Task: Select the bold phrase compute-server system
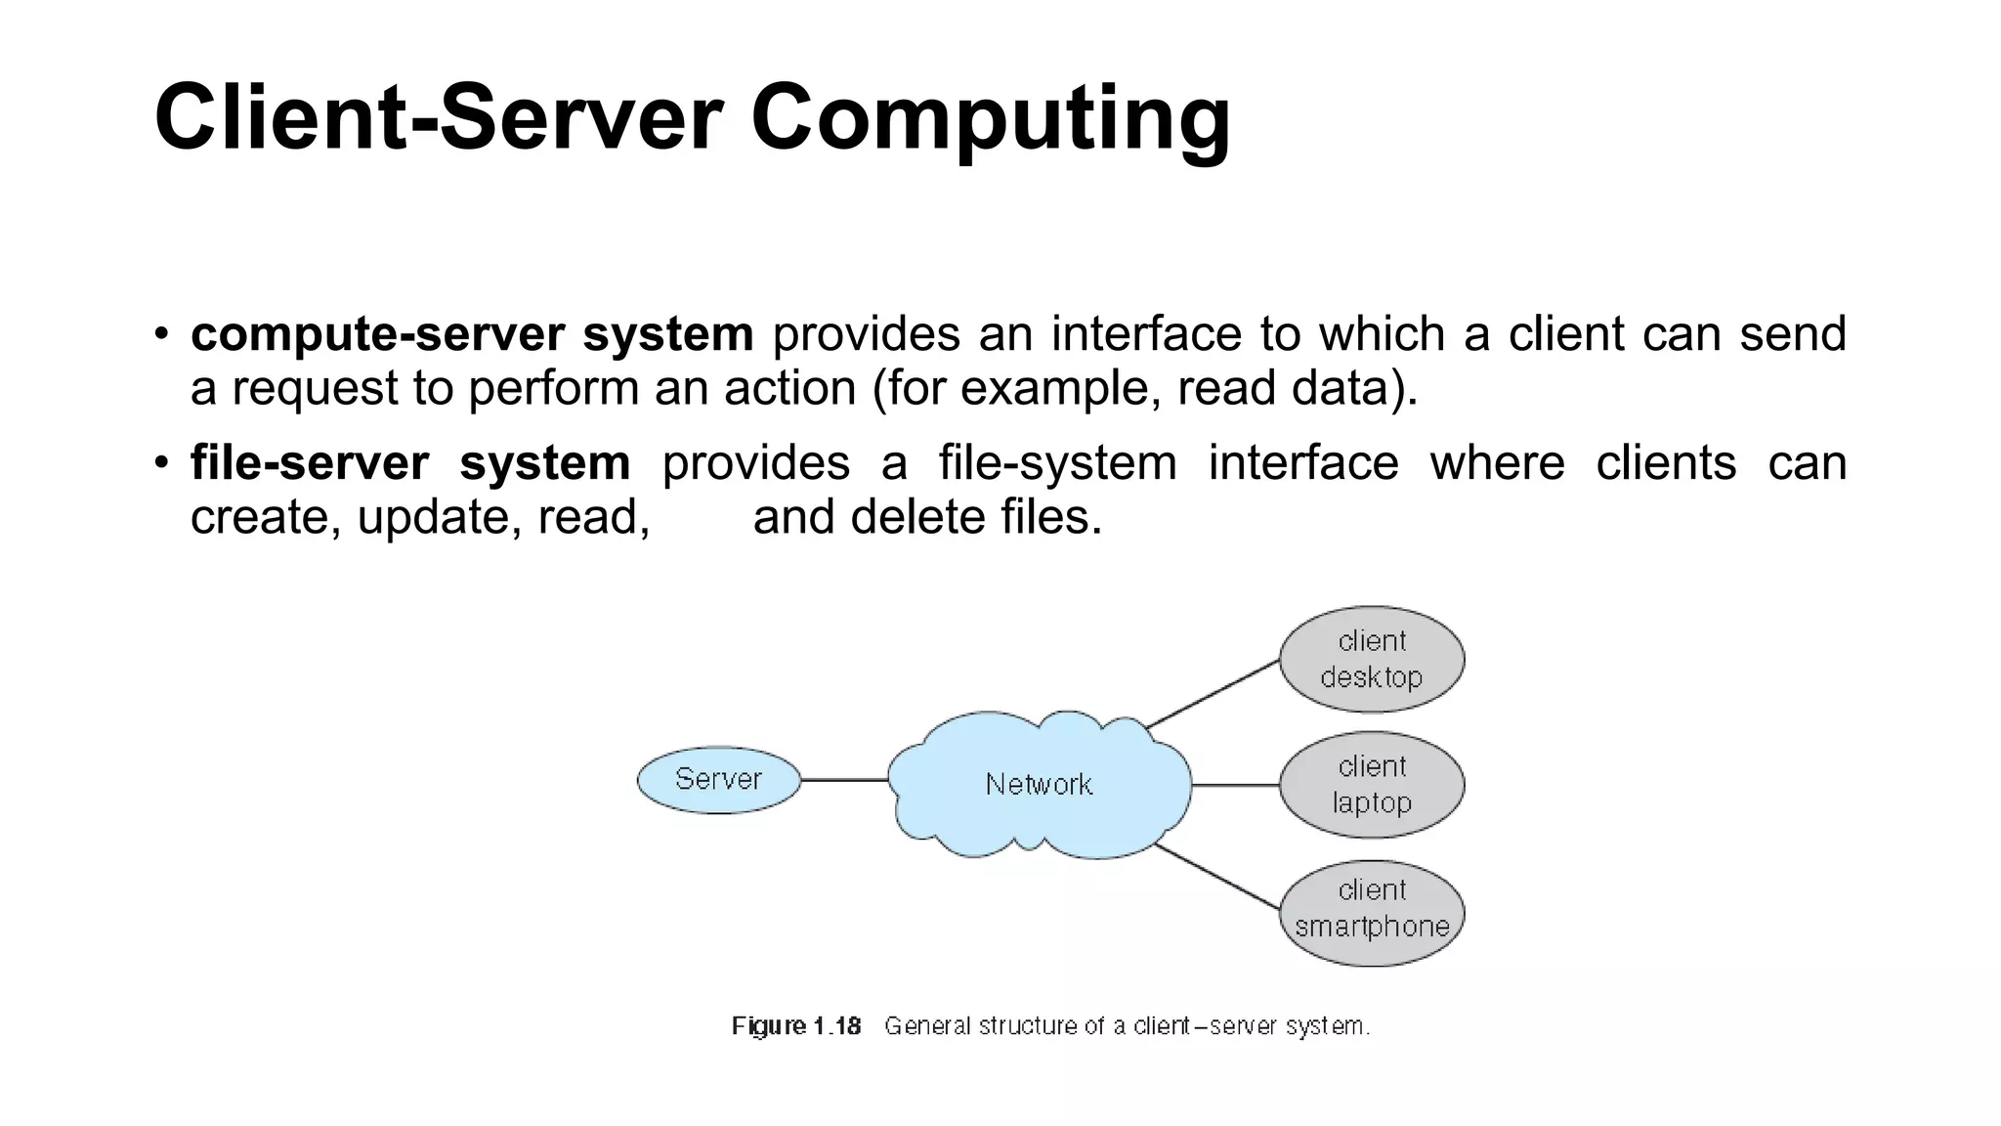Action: click(x=472, y=334)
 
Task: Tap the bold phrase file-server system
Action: click(x=410, y=462)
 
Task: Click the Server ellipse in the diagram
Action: click(x=718, y=780)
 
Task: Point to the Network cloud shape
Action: click(x=1039, y=785)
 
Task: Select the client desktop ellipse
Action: click(x=1371, y=659)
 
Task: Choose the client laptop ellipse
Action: click(x=1371, y=785)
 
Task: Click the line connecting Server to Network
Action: click(x=844, y=780)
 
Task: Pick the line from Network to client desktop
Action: click(x=1213, y=694)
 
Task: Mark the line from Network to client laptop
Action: click(x=1236, y=785)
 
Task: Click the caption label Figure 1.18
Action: click(x=796, y=1026)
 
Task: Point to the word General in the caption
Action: click(x=927, y=1026)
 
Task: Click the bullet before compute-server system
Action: click(x=162, y=333)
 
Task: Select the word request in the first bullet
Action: click(x=314, y=389)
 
